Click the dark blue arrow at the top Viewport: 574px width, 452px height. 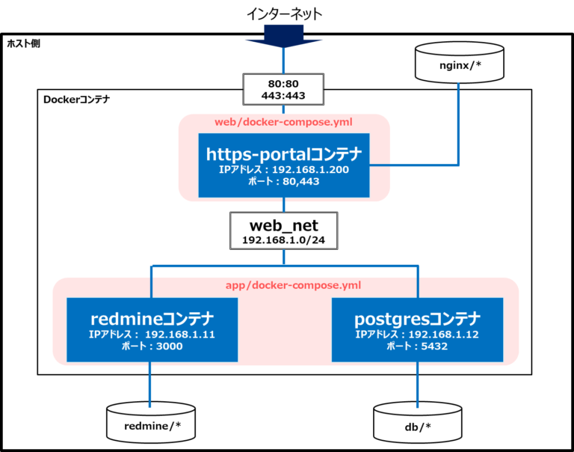pos(284,35)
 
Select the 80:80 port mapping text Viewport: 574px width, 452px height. pos(283,84)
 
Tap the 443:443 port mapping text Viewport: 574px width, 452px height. pos(283,96)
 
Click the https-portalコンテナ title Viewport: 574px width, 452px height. pos(284,154)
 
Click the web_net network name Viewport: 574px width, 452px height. pos(284,225)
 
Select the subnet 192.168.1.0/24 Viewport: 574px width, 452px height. pos(284,240)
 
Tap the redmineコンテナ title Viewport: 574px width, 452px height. pos(152,319)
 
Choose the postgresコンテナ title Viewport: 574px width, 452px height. pos(417,319)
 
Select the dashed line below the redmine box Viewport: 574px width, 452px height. pos(151,385)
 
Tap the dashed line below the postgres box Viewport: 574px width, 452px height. pos(417,385)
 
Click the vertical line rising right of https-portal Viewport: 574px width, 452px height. pos(458,123)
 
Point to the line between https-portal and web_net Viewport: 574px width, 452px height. pos(284,205)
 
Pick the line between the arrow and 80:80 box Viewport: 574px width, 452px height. pos(284,61)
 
